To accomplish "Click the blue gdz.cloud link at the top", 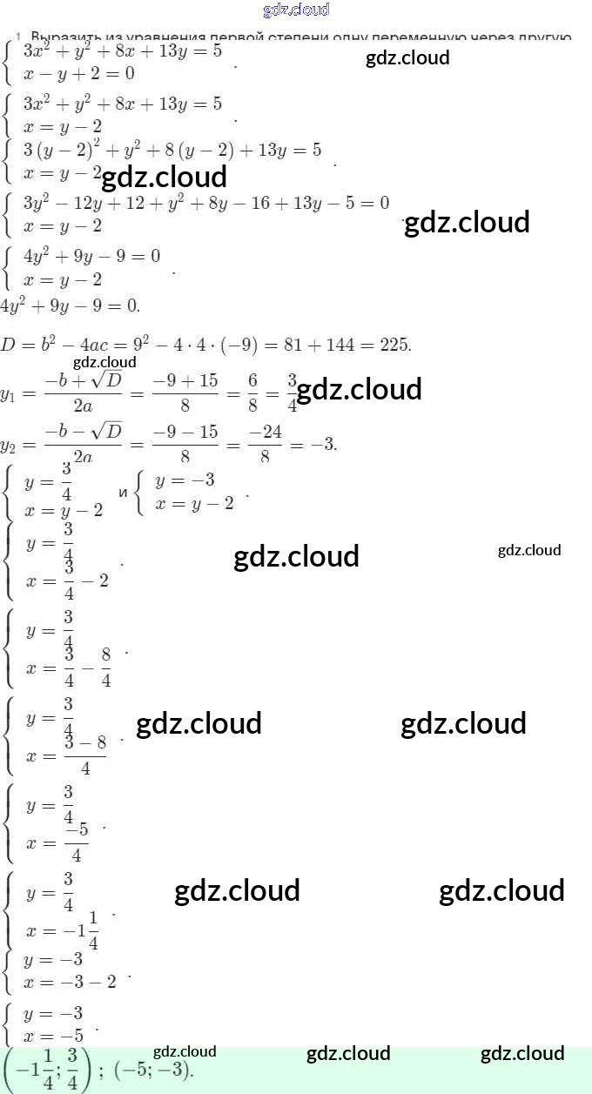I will point(296,10).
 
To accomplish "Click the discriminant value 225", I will point(394,345).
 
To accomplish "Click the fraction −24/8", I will point(265,445).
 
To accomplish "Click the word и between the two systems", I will point(123,493).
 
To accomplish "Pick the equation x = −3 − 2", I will point(71,982).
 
